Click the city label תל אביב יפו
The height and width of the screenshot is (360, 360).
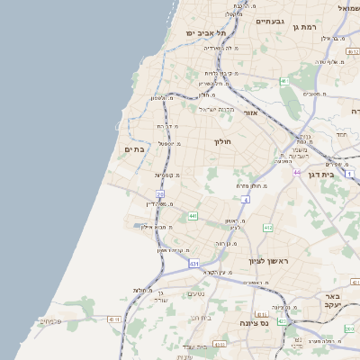pyautogui.click(x=204, y=32)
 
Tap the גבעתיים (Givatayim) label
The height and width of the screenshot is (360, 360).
pyautogui.click(x=270, y=20)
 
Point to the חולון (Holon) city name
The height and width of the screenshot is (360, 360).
pyautogui.click(x=223, y=142)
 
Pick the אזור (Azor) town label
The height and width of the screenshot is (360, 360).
pyautogui.click(x=251, y=113)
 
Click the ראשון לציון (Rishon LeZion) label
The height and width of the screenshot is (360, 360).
pyautogui.click(x=269, y=261)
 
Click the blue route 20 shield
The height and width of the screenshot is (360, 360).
pyautogui.click(x=160, y=193)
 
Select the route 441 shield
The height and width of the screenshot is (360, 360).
pyautogui.click(x=193, y=216)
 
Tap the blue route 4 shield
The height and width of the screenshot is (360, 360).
pyautogui.click(x=245, y=200)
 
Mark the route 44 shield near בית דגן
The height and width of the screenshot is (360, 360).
pyautogui.click(x=296, y=171)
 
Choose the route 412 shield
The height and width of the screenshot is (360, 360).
pyautogui.click(x=267, y=228)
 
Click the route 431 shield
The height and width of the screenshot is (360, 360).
pyautogui.click(x=194, y=263)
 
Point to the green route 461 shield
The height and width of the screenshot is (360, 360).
pyautogui.click(x=283, y=81)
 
